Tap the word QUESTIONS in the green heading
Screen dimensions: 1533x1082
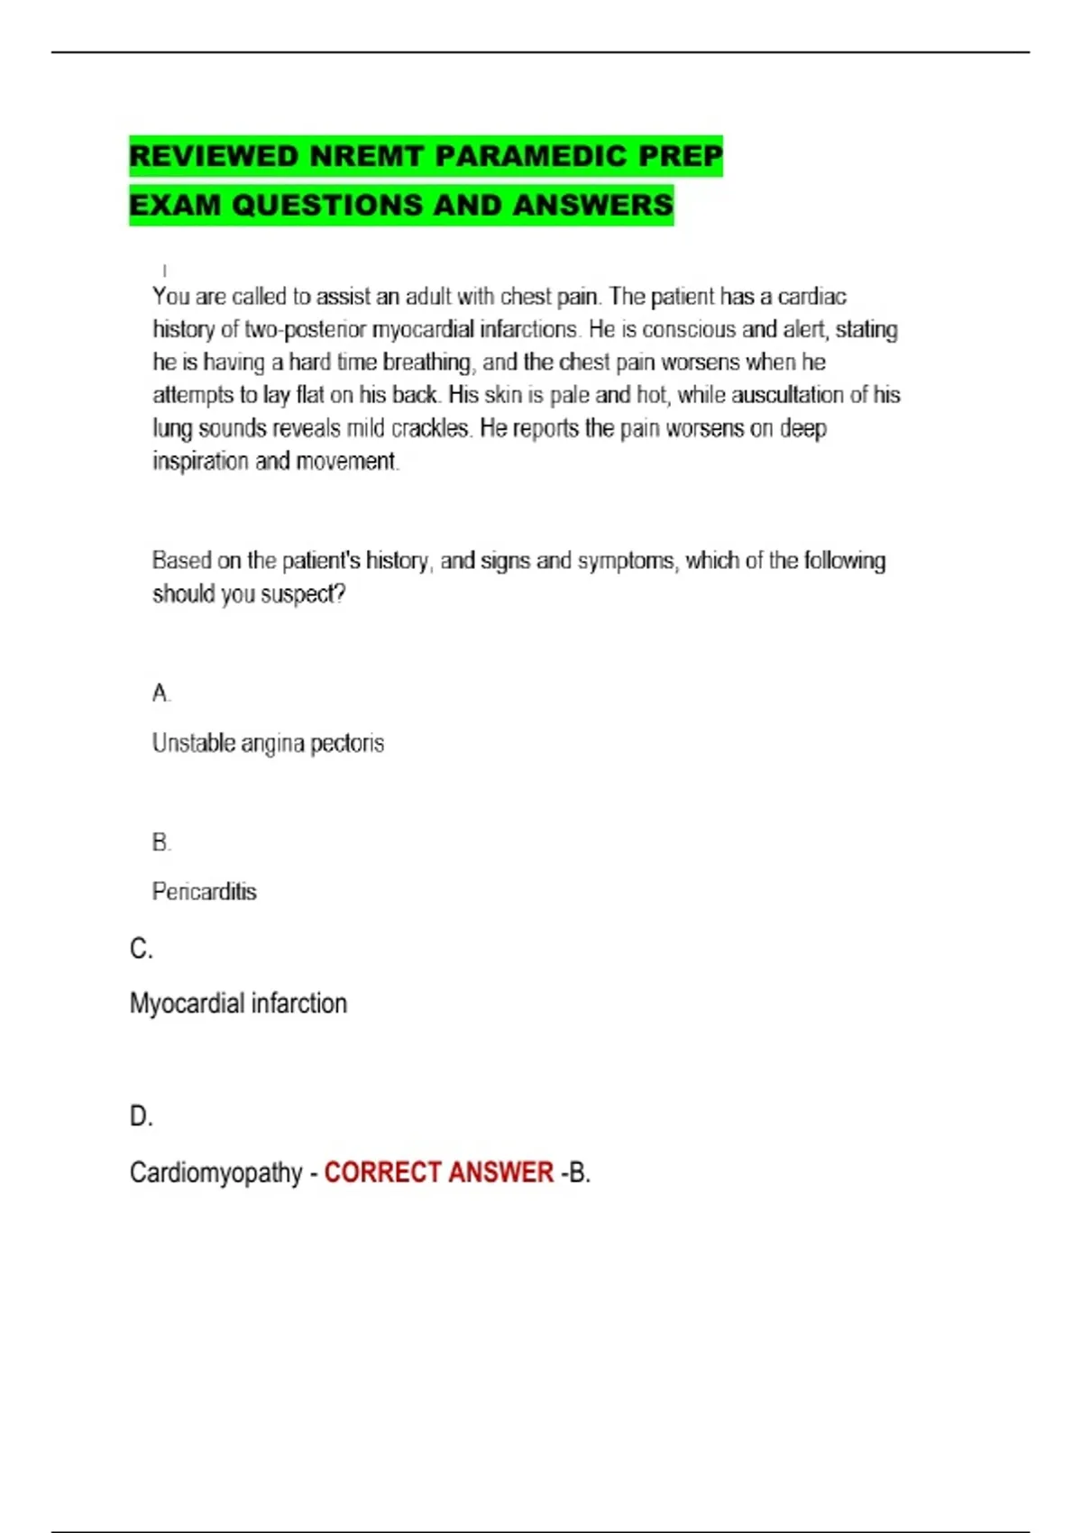pos(326,206)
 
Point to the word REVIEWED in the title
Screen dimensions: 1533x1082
pos(215,156)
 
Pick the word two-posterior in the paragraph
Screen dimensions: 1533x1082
pos(306,330)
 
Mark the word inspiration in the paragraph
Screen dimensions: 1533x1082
pos(200,462)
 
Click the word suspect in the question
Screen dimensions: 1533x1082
pos(301,594)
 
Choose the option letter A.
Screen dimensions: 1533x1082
pos(160,693)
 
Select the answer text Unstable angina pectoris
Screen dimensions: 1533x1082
pos(268,744)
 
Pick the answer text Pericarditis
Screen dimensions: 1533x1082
pos(205,892)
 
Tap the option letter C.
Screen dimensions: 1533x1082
pos(140,950)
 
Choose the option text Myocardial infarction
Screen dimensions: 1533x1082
pos(238,1004)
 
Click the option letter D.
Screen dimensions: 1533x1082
pos(141,1116)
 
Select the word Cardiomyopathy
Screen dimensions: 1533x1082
pos(215,1172)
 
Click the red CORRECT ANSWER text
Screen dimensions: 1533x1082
pos(438,1172)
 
